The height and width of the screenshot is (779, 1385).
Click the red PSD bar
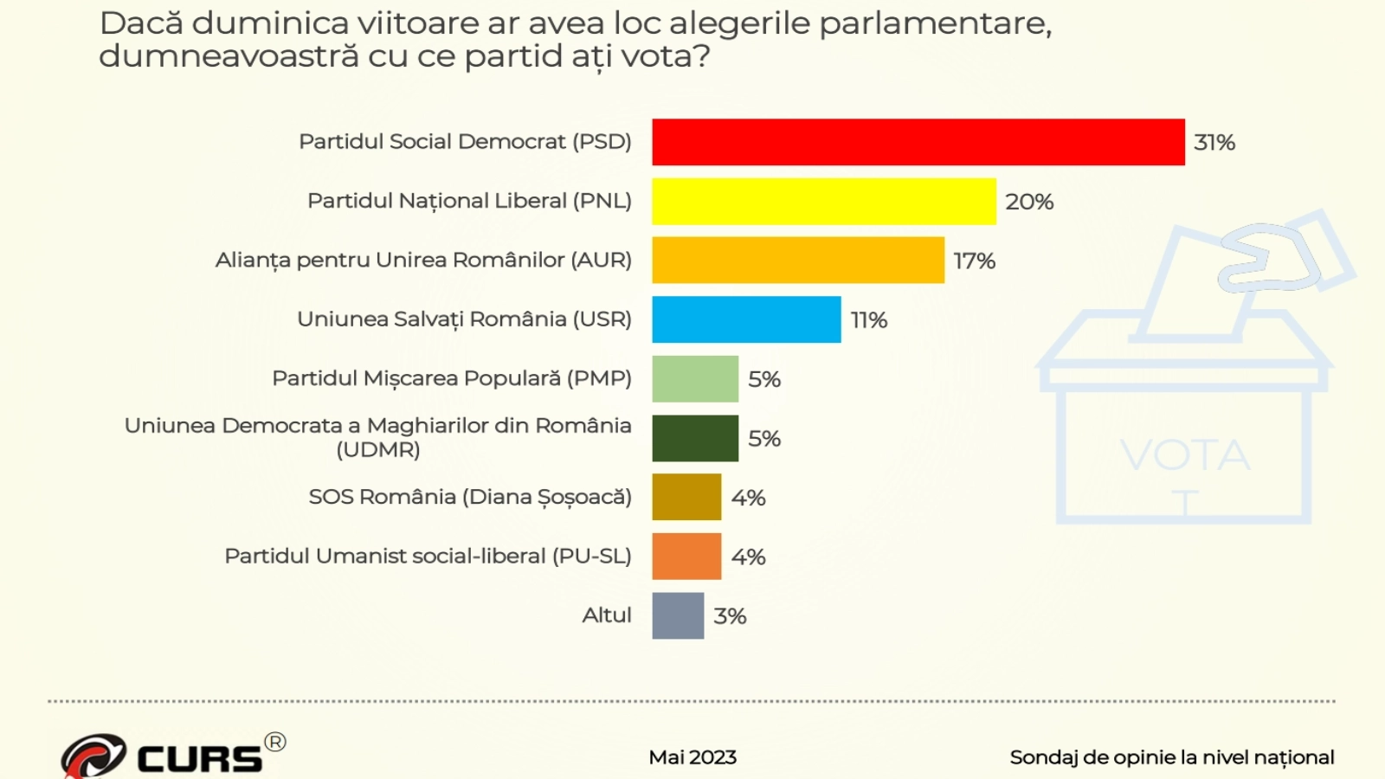tap(918, 142)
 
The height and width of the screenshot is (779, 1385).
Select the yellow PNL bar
tap(823, 201)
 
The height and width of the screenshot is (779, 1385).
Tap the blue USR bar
tap(746, 319)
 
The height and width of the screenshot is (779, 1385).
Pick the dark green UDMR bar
tap(695, 438)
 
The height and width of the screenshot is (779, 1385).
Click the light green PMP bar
tap(695, 379)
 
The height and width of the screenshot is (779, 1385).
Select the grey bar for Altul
tap(678, 615)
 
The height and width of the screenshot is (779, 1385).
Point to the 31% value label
tap(1214, 143)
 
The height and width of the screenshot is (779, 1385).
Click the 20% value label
tap(1028, 202)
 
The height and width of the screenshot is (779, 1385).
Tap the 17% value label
tap(974, 261)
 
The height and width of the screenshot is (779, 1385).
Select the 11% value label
tap(868, 320)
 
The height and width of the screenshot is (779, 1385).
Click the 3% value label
tap(730, 616)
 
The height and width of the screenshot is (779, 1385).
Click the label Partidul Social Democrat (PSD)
tap(465, 141)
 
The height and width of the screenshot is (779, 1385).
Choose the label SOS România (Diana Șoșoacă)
tap(470, 497)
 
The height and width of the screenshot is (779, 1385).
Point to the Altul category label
tap(607, 615)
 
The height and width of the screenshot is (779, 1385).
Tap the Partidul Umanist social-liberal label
tap(428, 556)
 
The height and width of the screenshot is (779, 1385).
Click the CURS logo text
tap(199, 759)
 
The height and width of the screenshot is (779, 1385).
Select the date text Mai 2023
tap(692, 757)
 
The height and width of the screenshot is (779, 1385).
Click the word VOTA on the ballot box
tap(1184, 454)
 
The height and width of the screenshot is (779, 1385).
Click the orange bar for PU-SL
tap(686, 557)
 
